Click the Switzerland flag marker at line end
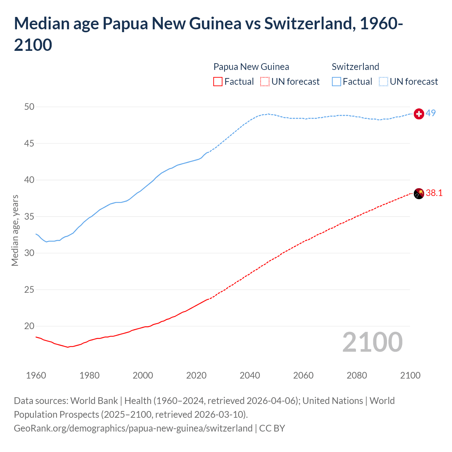click(x=418, y=114)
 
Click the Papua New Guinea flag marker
click(x=418, y=194)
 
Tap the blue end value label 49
click(x=430, y=113)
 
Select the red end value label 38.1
click(x=434, y=193)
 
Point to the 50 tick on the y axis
click(x=29, y=107)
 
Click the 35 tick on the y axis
click(x=29, y=216)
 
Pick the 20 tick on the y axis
click(x=29, y=326)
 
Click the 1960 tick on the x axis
click(x=36, y=375)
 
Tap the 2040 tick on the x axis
click(x=250, y=375)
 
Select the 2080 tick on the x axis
click(x=357, y=375)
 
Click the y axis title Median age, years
click(x=15, y=230)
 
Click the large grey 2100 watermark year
click(x=372, y=342)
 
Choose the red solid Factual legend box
click(x=218, y=82)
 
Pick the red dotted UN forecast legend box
click(x=264, y=82)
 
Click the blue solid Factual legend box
click(x=337, y=82)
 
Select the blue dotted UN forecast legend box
click(x=383, y=82)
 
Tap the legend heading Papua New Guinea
click(x=251, y=67)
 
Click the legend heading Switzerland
click(x=355, y=67)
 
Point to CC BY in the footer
click(x=272, y=428)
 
